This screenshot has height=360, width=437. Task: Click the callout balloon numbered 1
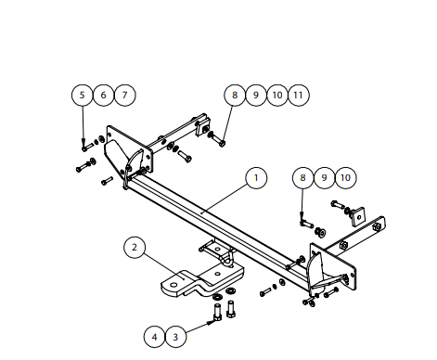click(256, 178)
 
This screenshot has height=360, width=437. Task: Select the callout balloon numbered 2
click(135, 248)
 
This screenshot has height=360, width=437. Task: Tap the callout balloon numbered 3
click(175, 337)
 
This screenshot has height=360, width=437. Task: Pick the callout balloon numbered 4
click(154, 337)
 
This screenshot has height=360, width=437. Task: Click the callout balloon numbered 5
click(82, 95)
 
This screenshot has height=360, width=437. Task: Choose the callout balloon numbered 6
click(103, 95)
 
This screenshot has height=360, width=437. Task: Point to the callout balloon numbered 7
click(124, 95)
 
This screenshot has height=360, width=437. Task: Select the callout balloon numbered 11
click(299, 95)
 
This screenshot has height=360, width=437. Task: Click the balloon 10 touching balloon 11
click(277, 95)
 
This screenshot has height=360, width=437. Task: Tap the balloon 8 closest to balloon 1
click(302, 178)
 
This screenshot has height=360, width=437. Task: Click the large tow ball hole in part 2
click(174, 285)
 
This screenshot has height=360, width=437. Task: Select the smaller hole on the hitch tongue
click(218, 274)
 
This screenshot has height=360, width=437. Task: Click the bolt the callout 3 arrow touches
click(217, 313)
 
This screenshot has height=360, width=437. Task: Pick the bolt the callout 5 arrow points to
click(88, 148)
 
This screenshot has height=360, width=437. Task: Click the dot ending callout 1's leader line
click(201, 212)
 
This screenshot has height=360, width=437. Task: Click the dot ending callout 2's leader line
click(185, 278)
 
